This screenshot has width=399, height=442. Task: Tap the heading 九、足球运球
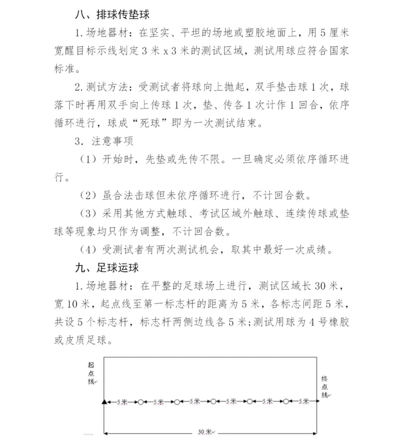coord(107,268)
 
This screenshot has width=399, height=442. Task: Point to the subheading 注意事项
coord(112,141)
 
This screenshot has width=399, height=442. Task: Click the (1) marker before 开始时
coord(88,160)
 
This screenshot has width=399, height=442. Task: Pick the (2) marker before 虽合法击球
coord(88,195)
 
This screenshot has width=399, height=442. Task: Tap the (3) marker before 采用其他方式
coord(88,213)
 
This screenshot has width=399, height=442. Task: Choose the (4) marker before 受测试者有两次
coord(88,250)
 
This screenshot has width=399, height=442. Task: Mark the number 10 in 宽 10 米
coord(72,304)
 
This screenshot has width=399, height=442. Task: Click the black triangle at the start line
coord(104,401)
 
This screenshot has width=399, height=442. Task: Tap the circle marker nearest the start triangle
coord(140,402)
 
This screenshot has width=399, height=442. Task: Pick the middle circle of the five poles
coord(213,402)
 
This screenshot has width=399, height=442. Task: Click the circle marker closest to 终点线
coord(286,402)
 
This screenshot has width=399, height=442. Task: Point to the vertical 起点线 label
coord(91,373)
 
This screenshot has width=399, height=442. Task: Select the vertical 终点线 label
coord(324,387)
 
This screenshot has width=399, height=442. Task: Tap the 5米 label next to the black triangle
coord(122,401)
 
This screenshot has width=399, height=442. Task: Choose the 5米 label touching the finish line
coord(304,401)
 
